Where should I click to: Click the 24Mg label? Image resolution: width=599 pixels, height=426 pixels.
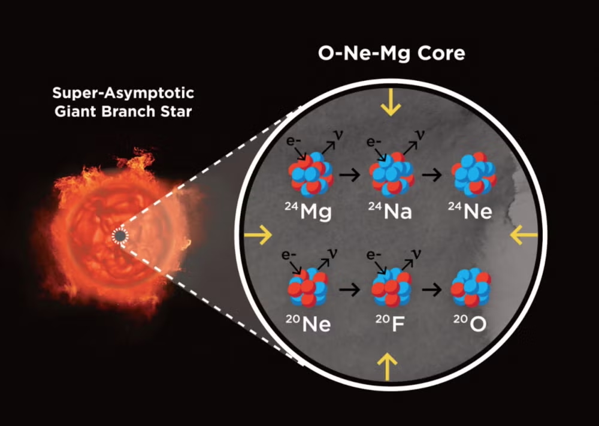click(x=308, y=212)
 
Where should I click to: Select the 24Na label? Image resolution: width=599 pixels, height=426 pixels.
click(x=390, y=211)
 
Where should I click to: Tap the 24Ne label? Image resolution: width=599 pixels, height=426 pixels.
click(x=470, y=211)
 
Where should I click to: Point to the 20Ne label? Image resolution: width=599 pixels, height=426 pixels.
click(x=308, y=324)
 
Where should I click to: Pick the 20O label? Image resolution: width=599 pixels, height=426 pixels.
click(x=470, y=324)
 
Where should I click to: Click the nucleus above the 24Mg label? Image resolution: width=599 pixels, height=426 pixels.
click(x=311, y=174)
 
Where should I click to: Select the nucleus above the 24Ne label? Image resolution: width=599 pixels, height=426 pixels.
click(x=474, y=174)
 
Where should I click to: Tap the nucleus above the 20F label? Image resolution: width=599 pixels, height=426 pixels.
click(x=392, y=288)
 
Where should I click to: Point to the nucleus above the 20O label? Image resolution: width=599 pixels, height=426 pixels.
click(x=471, y=288)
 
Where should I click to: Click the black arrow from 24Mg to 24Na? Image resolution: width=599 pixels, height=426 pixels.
click(x=350, y=174)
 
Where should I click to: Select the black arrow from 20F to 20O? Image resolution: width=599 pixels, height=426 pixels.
click(x=432, y=289)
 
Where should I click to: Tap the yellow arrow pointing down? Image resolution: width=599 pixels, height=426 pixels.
click(x=391, y=102)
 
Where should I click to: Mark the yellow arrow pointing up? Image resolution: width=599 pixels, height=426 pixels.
click(x=388, y=367)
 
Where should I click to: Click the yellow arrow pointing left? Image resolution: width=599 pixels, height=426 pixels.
click(x=524, y=235)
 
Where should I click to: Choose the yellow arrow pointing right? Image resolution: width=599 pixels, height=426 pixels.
click(x=258, y=235)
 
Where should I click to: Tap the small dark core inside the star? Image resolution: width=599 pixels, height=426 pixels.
click(x=120, y=236)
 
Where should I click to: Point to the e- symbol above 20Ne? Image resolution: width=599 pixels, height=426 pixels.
click(x=289, y=255)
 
